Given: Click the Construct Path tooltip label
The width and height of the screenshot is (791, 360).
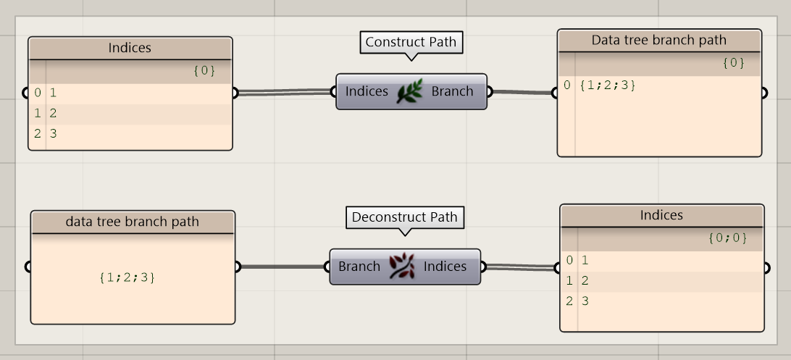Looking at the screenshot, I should pyautogui.click(x=411, y=42).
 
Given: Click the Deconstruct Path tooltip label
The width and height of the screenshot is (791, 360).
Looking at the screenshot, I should pyautogui.click(x=404, y=217).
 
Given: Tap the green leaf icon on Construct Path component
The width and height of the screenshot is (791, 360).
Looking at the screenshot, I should pyautogui.click(x=410, y=92).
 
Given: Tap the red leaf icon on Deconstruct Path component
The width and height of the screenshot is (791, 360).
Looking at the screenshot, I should pyautogui.click(x=402, y=267).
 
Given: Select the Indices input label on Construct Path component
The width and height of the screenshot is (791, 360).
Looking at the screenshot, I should pyautogui.click(x=367, y=91).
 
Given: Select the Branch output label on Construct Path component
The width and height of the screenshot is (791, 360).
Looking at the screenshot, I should pyautogui.click(x=452, y=91).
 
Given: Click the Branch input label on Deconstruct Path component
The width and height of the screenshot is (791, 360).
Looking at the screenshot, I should pyautogui.click(x=359, y=267).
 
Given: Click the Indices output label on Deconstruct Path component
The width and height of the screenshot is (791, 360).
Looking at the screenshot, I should pyautogui.click(x=445, y=267).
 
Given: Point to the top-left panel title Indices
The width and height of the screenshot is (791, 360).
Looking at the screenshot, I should pyautogui.click(x=130, y=48).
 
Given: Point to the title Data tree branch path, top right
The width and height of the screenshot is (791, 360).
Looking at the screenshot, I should pyautogui.click(x=658, y=40).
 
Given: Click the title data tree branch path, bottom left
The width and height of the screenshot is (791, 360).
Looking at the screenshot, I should pyautogui.click(x=132, y=222).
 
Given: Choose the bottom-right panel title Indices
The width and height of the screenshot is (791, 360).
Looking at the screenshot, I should pyautogui.click(x=661, y=215).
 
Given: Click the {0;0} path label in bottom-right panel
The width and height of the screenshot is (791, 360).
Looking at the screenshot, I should pyautogui.click(x=727, y=238).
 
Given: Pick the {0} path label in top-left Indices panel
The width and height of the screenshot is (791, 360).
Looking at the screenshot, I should pyautogui.click(x=204, y=70).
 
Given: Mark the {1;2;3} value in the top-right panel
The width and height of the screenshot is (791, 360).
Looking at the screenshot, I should pyautogui.click(x=608, y=85).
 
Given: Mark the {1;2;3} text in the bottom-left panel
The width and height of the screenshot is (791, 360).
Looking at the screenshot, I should pyautogui.click(x=127, y=277).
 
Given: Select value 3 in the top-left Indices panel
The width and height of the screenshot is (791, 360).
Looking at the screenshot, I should pyautogui.click(x=53, y=133).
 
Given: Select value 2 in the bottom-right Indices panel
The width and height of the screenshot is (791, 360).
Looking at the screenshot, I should pyautogui.click(x=585, y=280).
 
